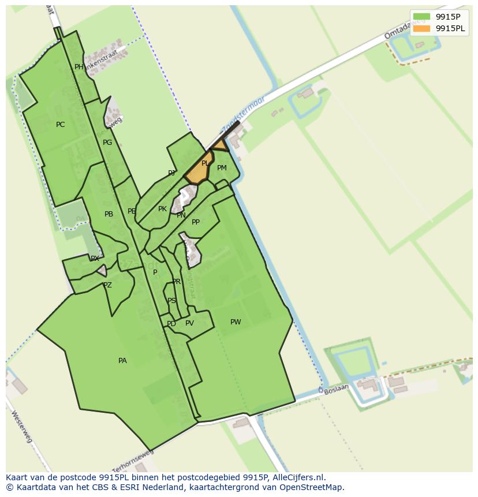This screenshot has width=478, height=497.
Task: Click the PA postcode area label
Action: (122, 361)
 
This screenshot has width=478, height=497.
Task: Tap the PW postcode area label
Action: (236, 322)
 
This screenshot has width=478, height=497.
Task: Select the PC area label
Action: (61, 125)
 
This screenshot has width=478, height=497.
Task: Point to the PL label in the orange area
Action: (205, 163)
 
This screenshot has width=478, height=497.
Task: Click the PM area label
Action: (222, 168)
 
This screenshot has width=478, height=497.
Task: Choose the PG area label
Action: (107, 143)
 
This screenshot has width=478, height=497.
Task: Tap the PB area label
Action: (109, 214)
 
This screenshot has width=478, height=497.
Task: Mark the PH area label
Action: (79, 67)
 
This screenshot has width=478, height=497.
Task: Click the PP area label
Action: (196, 222)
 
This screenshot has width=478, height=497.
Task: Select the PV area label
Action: (189, 323)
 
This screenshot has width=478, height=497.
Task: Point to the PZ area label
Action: (107, 285)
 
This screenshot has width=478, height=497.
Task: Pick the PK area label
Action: (162, 209)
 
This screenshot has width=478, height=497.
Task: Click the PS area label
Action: (171, 301)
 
